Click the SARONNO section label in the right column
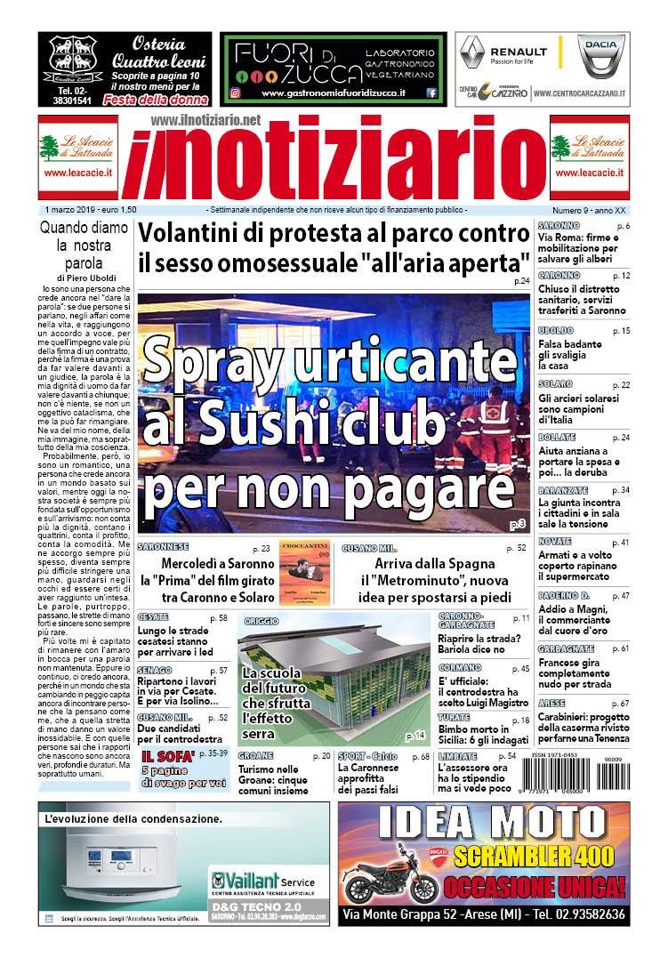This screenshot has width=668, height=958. coord(559,226)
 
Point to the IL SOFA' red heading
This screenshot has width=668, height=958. coord(162,756)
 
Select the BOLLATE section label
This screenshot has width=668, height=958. coord(557,437)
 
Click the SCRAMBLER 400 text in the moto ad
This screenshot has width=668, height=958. coord(532,856)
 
